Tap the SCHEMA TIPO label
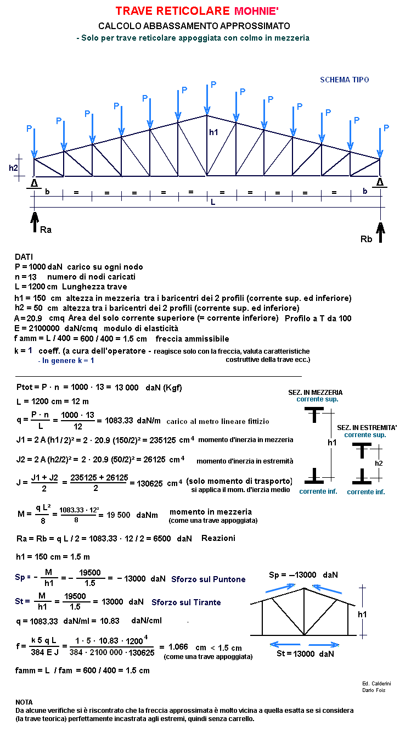click(344, 80)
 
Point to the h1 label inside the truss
click(213, 132)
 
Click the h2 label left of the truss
click(14, 168)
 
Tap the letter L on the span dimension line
click(213, 202)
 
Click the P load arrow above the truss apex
click(207, 99)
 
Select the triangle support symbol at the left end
click(34, 183)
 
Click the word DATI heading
click(24, 256)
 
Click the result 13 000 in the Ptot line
click(126, 388)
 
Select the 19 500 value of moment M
click(116, 515)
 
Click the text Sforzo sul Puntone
click(208, 579)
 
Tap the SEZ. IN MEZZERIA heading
click(315, 393)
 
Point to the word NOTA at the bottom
click(24, 702)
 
